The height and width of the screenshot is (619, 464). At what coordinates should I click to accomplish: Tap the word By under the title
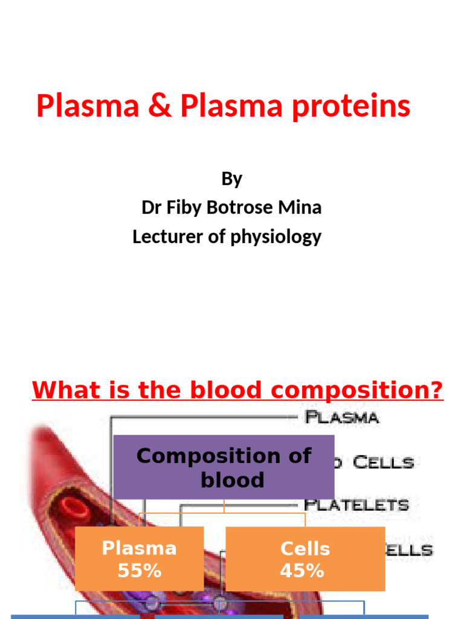pyautogui.click(x=231, y=179)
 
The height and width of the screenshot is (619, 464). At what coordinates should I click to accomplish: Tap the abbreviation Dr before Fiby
pyautogui.click(x=150, y=208)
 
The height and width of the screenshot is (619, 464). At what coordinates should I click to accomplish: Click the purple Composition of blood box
pyautogui.click(x=224, y=467)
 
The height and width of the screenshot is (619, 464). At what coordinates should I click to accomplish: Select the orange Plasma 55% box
pyautogui.click(x=139, y=559)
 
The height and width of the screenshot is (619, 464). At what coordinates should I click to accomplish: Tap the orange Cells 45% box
pyautogui.click(x=305, y=559)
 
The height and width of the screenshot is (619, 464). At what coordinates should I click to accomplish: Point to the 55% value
pyautogui.click(x=139, y=570)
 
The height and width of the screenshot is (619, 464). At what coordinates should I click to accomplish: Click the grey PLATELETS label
pyautogui.click(x=356, y=504)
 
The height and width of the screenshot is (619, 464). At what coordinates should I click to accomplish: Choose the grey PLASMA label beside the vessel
pyautogui.click(x=342, y=417)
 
